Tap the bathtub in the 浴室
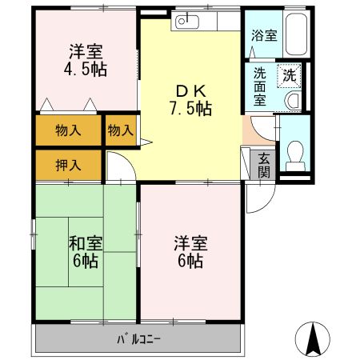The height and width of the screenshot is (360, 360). point(296,34)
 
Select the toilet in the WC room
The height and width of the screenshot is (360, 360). point(295,156)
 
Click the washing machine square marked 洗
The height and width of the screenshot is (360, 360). point(289,76)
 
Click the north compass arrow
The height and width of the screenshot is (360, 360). point(313,338)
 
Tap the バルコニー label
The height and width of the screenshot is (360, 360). point(138,339)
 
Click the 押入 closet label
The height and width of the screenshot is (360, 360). point(68,166)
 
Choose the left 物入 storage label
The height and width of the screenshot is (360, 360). point(68,130)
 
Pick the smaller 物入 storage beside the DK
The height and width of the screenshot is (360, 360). point(121,130)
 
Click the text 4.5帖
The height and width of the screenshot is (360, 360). point(86,70)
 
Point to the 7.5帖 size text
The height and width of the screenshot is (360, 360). point(191,109)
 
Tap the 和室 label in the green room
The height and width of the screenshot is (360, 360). point(86,243)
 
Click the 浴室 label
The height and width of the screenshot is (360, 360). point(264,35)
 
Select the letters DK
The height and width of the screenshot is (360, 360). point(191,91)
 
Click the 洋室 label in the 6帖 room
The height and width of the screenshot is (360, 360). point(191,243)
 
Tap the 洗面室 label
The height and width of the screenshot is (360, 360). point(260,86)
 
